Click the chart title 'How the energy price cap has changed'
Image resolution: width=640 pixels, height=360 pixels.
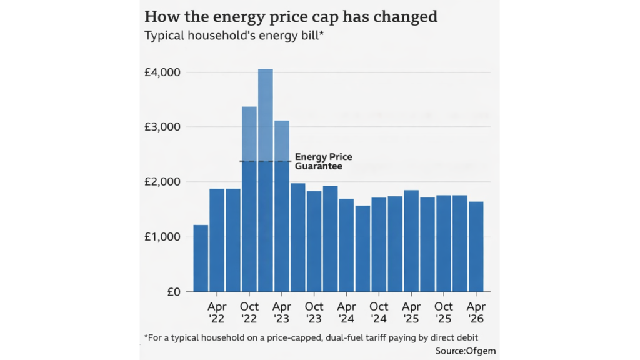point(291,16)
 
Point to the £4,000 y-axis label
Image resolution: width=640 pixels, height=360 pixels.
point(162,72)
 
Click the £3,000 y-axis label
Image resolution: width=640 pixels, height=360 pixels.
point(162,127)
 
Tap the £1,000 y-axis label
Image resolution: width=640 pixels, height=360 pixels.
point(162,237)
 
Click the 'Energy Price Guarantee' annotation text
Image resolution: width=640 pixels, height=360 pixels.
point(323,162)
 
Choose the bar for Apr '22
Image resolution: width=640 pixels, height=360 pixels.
point(217,240)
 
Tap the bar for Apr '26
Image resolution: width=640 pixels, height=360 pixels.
point(476,246)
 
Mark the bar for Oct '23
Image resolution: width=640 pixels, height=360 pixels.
point(314,241)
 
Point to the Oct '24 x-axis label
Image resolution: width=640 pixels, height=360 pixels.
point(379,312)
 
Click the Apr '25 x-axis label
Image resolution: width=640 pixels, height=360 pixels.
point(411,312)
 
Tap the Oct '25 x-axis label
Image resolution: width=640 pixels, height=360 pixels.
point(444,312)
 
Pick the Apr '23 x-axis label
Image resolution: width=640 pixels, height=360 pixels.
point(282,312)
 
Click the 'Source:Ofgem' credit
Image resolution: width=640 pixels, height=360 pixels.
point(466,351)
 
